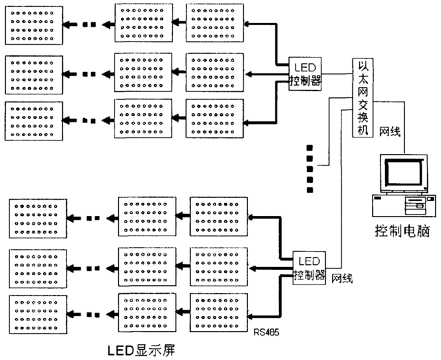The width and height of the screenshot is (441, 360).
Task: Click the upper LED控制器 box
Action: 305,73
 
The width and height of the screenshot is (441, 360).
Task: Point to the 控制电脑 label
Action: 400,233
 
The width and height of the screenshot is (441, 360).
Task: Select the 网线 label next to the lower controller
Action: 342,278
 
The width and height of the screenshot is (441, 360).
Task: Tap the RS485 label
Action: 266,333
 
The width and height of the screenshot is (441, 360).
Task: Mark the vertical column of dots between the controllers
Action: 310,168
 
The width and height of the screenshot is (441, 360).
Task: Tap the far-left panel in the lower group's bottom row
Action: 37,312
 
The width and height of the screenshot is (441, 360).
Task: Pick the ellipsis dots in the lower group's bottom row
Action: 92,313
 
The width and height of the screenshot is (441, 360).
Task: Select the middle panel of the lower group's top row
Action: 146,215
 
